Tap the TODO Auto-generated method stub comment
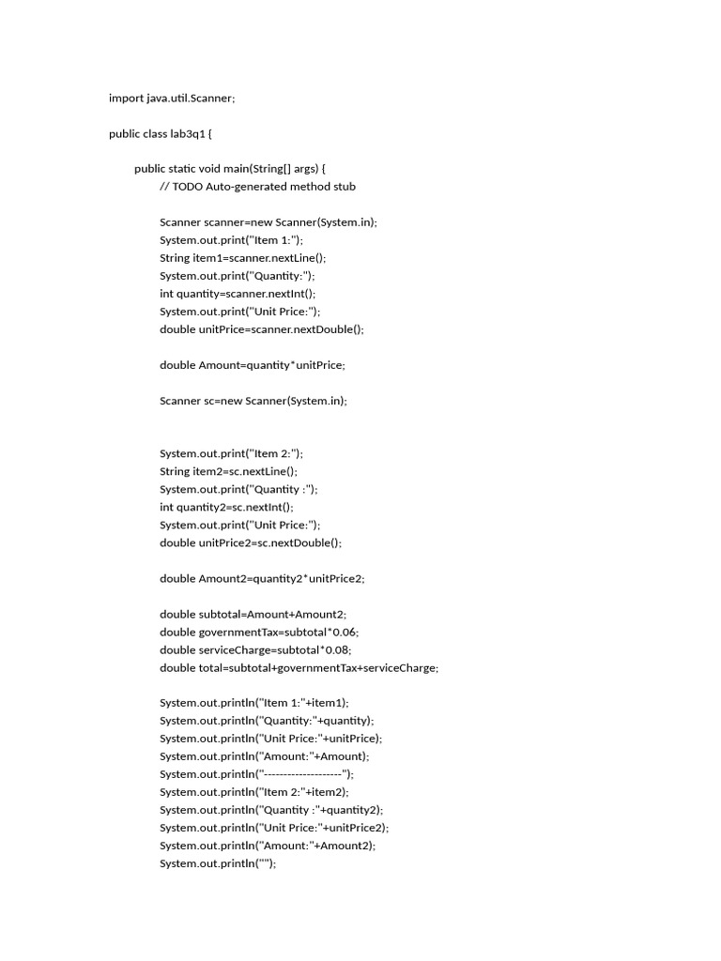pyautogui.click(x=257, y=187)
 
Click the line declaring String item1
pyautogui.click(x=243, y=258)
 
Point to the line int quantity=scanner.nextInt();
pyautogui.click(x=238, y=294)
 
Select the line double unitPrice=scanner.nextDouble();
pyautogui.click(x=261, y=329)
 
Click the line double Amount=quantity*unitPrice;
pyautogui.click(x=259, y=365)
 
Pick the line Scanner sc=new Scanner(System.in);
pyautogui.click(x=253, y=401)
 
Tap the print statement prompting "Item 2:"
pyautogui.click(x=231, y=453)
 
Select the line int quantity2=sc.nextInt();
pyautogui.click(x=226, y=507)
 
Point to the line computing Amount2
pyautogui.click(x=262, y=578)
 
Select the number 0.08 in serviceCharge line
pyautogui.click(x=339, y=649)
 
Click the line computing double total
pyautogui.click(x=299, y=667)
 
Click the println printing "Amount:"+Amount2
pyautogui.click(x=268, y=846)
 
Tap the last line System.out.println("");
pyautogui.click(x=218, y=863)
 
